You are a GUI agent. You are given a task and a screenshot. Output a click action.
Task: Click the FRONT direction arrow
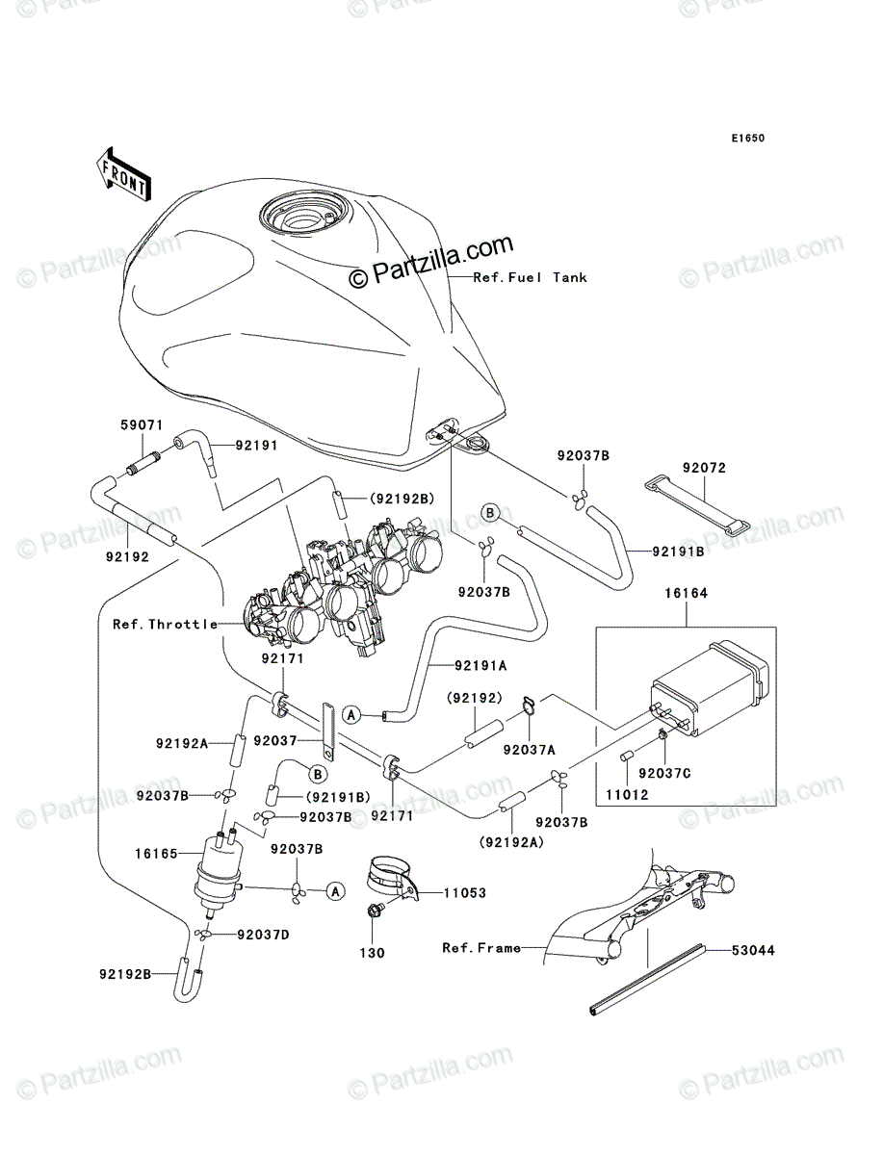[123, 174]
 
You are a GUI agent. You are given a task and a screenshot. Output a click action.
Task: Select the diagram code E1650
[747, 139]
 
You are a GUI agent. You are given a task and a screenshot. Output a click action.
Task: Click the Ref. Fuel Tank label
[530, 277]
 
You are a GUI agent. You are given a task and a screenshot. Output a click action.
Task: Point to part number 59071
[142, 424]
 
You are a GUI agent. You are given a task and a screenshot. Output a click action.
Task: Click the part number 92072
[704, 468]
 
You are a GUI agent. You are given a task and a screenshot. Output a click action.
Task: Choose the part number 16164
[686, 593]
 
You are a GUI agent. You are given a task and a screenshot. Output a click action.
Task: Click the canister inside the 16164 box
[710, 687]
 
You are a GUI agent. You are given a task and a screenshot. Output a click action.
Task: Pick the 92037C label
[664, 774]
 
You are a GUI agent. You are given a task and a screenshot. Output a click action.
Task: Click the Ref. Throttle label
[166, 624]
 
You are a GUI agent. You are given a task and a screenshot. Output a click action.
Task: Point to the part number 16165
[156, 854]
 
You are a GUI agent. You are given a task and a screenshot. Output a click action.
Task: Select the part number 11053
[465, 892]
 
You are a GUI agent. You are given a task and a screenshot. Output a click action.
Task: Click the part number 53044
[753, 950]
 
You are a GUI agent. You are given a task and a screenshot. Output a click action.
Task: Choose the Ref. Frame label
[481, 948]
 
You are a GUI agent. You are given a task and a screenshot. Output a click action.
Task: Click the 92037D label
[263, 935]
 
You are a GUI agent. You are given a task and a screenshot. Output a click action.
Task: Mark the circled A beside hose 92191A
[351, 714]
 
